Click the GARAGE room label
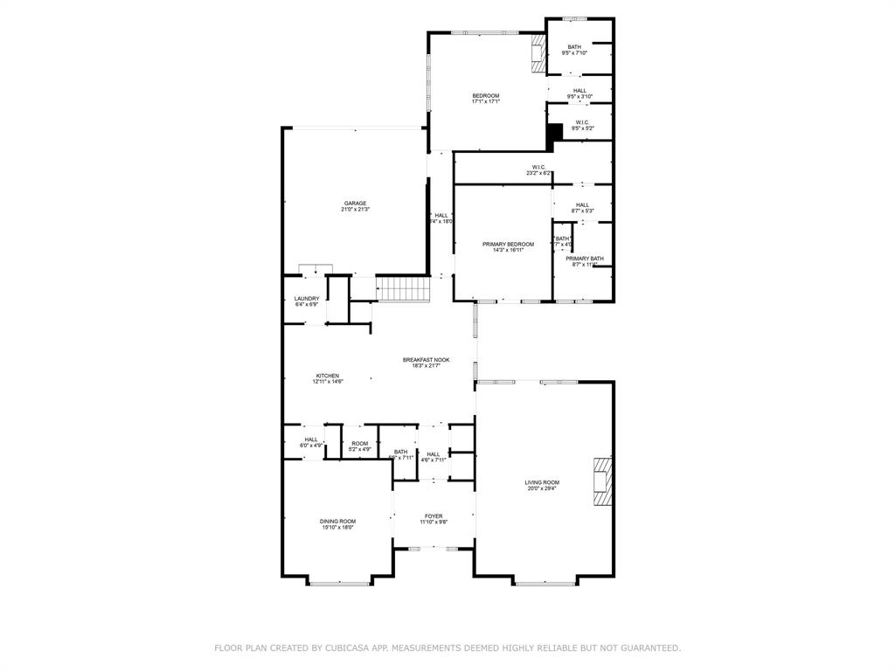pyautogui.click(x=354, y=204)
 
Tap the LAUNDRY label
pyautogui.click(x=307, y=299)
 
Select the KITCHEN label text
pyautogui.click(x=327, y=376)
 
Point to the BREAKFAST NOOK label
pyautogui.click(x=427, y=360)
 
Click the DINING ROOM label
pyautogui.click(x=337, y=522)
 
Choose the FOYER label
pyautogui.click(x=434, y=516)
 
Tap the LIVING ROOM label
pyautogui.click(x=542, y=482)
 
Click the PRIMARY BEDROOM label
pyautogui.click(x=508, y=245)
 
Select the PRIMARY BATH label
pyautogui.click(x=584, y=259)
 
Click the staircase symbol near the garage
pyautogui.click(x=404, y=287)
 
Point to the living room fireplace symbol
pyautogui.click(x=602, y=481)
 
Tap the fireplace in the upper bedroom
pyautogui.click(x=538, y=54)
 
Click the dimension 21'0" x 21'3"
pyautogui.click(x=354, y=210)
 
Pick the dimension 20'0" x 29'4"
pyautogui.click(x=542, y=488)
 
